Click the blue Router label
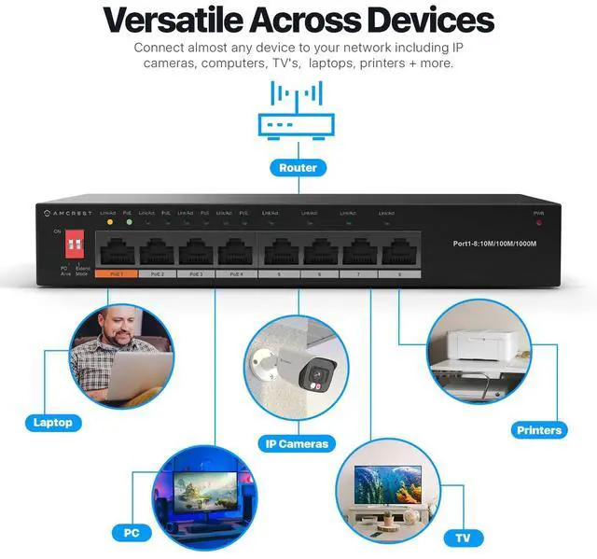298,168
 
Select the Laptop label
52,422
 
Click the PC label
132,533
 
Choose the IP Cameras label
298,443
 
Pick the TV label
463,538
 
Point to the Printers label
539,430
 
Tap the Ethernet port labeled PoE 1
116,251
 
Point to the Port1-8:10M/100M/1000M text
494,244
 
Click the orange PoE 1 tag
116,274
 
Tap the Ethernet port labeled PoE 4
234,251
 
